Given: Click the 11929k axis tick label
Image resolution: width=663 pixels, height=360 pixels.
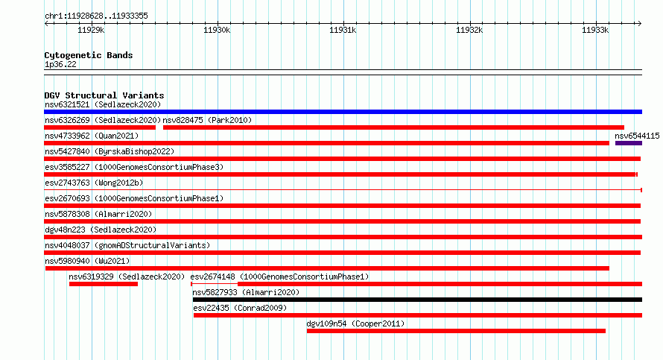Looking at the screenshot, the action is coord(91,30).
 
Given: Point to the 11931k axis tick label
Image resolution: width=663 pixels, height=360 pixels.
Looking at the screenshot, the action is coord(343,30).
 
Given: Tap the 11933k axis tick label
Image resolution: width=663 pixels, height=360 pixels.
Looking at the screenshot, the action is coord(595,30).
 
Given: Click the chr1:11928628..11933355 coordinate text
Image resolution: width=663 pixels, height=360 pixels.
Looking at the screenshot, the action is coord(96,16).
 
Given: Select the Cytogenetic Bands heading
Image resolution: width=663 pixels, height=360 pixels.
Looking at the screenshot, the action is coord(89,55).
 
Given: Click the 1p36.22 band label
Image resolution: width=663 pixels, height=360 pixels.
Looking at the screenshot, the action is coord(60,65).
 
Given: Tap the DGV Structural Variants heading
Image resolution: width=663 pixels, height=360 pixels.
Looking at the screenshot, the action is coord(104,95).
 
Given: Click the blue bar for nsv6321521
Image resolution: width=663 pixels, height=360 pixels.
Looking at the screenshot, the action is coord(343,112).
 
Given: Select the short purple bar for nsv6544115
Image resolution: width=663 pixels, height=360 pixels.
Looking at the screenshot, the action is coord(628,143).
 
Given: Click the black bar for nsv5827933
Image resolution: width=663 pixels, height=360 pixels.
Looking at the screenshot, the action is coord(417,300).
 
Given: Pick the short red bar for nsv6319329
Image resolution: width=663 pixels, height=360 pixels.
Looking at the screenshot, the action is coord(104,284).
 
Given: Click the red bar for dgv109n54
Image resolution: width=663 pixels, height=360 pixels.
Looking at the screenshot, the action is coord(456,331).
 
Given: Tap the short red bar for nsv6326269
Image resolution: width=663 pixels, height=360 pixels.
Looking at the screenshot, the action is coord(100,127).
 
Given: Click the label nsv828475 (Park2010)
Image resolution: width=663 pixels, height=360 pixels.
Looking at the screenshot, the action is coord(207,121).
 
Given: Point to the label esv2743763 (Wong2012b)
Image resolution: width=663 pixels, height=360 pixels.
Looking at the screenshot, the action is coord(94,183).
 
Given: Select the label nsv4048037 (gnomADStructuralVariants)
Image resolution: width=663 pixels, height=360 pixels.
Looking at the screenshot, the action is coord(127,246).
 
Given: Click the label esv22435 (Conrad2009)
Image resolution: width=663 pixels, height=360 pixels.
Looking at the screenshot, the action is coord(240,309).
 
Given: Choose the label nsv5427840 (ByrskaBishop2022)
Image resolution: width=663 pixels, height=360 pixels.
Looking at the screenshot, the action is coord(110,152).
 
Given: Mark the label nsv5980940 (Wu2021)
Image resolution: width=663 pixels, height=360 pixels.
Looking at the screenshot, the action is coord(87,262).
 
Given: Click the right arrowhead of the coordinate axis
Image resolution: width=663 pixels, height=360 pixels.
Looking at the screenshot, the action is coord(640,24).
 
